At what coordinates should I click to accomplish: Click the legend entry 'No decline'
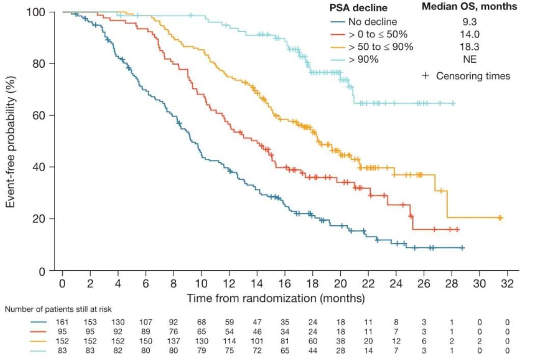pyautogui.click(x=372, y=22)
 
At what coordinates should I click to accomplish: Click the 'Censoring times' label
pyautogui.click(x=473, y=76)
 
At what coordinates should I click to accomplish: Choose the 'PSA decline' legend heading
pyautogui.click(x=358, y=8)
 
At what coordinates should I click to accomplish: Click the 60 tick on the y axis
pyautogui.click(x=41, y=116)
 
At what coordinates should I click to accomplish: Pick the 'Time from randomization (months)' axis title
pyautogui.click(x=276, y=298)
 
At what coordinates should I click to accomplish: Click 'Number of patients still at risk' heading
pyautogui.click(x=58, y=309)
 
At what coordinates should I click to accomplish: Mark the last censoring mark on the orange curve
pyautogui.click(x=500, y=218)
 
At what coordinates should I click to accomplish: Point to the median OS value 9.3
pyautogui.click(x=469, y=22)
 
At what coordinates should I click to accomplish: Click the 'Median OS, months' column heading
pyautogui.click(x=469, y=7)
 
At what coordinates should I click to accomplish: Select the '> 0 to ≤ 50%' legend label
pyautogui.click(x=377, y=35)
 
